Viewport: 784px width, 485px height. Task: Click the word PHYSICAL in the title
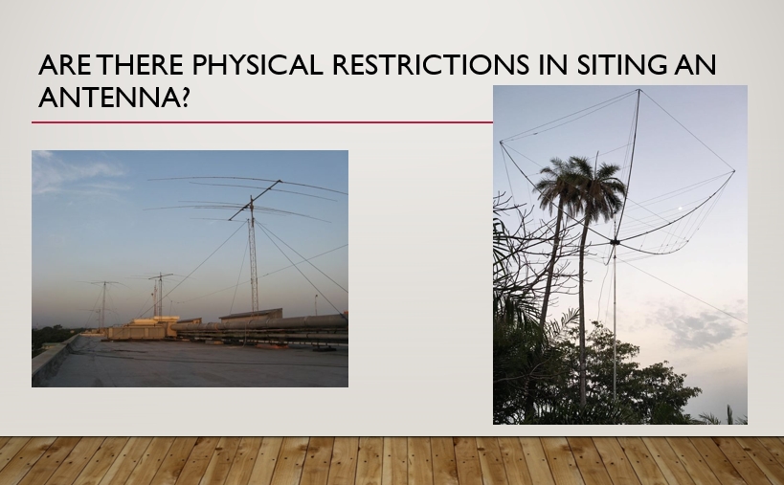[257, 64]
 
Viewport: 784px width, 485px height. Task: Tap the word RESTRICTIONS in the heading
[431, 64]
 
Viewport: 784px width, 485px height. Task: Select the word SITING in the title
[621, 64]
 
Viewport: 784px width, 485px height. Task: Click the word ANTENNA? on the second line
[114, 97]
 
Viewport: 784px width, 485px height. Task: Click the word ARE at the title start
[65, 64]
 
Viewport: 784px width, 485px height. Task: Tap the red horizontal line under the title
[262, 121]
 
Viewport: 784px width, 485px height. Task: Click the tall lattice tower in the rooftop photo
[253, 260]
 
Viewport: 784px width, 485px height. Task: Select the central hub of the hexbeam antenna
[615, 242]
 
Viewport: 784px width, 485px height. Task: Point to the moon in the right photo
[679, 209]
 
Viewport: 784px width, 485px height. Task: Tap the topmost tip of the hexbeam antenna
[638, 90]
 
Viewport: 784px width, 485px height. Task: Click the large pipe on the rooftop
[260, 323]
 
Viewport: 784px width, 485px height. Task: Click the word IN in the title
[553, 64]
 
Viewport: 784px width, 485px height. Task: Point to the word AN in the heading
[695, 64]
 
